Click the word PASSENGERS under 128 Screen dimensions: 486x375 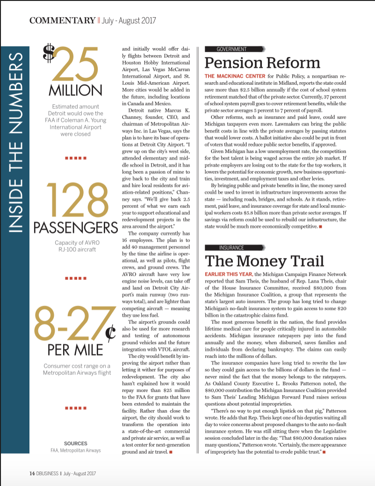click(x=75, y=228)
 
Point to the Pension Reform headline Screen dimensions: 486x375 click(x=262, y=63)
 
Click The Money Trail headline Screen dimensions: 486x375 click(x=265, y=260)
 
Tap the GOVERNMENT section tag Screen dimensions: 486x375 click(x=232, y=49)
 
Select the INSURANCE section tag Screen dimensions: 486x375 click(x=232, y=247)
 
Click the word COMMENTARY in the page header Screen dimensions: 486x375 click(x=62, y=20)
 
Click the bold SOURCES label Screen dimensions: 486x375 click(x=75, y=443)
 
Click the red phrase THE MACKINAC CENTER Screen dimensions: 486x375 click(x=235, y=76)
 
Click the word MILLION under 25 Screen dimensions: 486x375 click(x=75, y=89)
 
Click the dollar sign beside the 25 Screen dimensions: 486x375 click(x=48, y=53)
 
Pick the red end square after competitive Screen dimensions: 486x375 click(x=320, y=227)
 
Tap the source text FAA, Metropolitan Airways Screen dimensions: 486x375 click(x=75, y=450)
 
